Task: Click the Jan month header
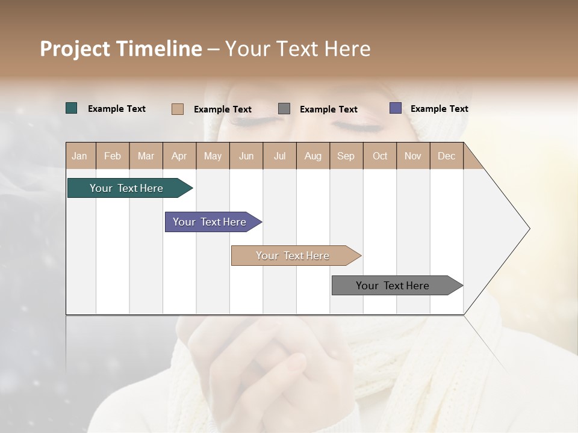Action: pos(80,156)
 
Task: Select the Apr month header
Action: pos(179,156)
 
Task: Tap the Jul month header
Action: pos(279,156)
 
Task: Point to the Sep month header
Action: pos(346,156)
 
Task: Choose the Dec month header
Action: pos(446,156)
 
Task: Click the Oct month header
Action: pos(380,156)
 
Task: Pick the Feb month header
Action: pos(113,156)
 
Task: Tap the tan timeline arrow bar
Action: pos(294,256)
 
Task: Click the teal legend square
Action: pos(71,108)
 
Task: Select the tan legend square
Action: pos(177,109)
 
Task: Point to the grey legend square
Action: pos(284,108)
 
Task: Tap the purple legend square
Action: pos(396,108)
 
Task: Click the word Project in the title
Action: pos(75,49)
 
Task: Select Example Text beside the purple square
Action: pos(439,108)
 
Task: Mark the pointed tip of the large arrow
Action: pos(529,228)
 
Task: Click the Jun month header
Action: pos(246,156)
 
